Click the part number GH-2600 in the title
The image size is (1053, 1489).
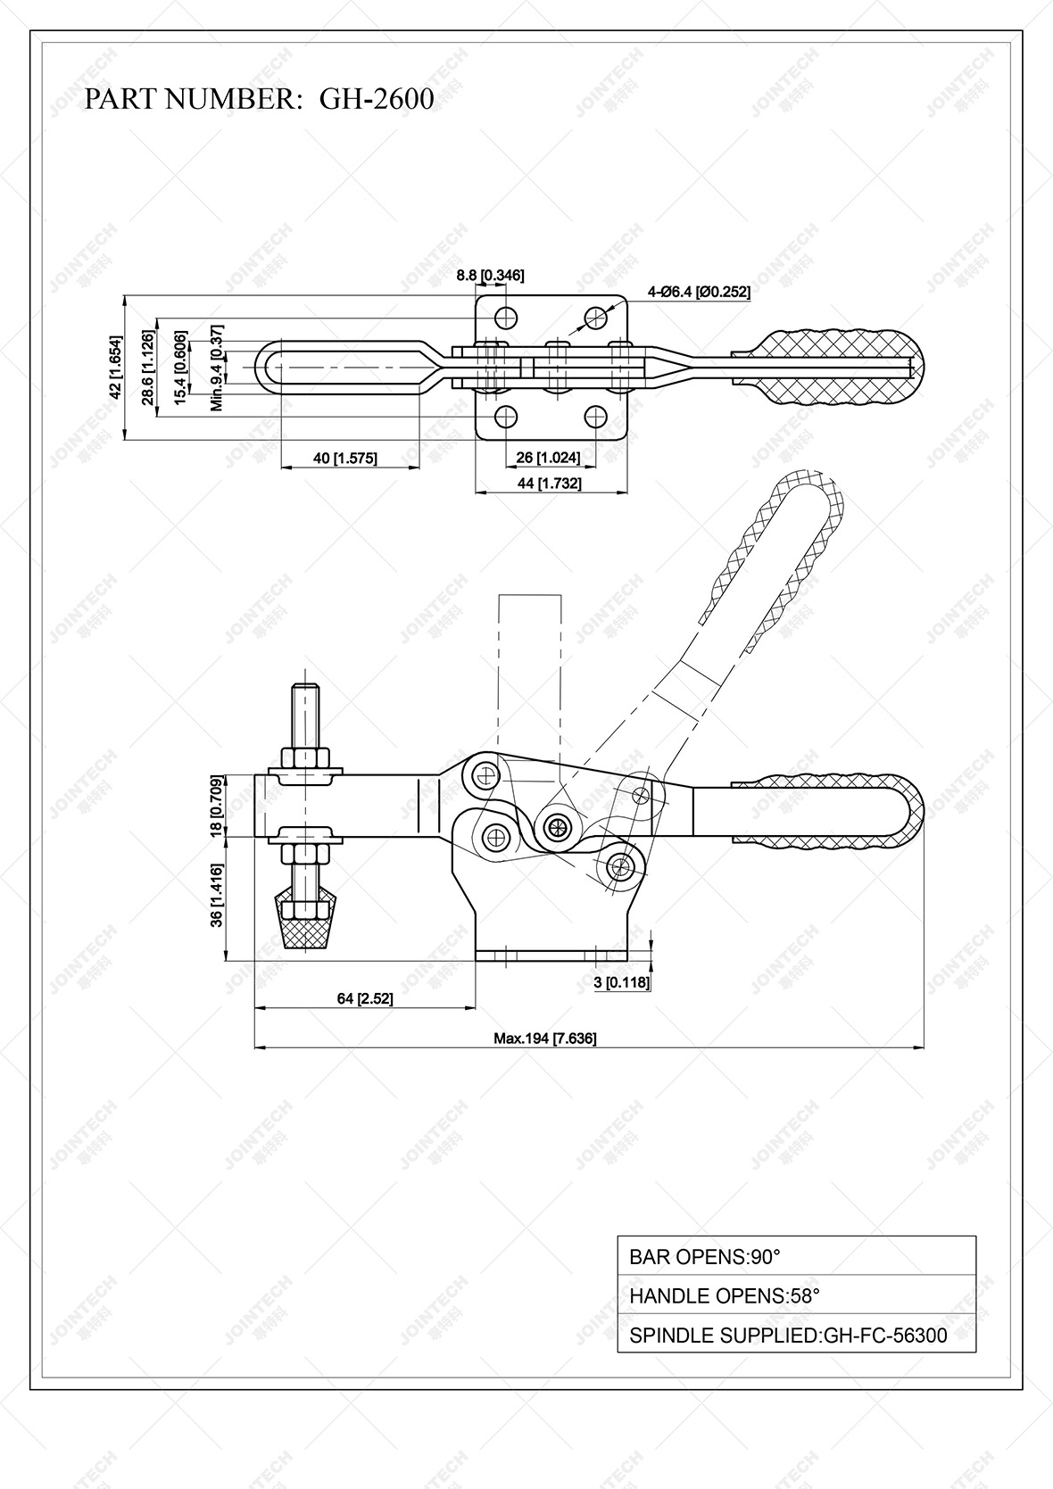click(x=377, y=99)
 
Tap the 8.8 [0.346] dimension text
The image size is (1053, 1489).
click(x=490, y=276)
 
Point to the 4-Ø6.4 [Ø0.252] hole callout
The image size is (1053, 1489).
click(x=699, y=292)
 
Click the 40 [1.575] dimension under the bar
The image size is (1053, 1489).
click(x=345, y=459)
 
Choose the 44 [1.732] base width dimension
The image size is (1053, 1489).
click(x=551, y=484)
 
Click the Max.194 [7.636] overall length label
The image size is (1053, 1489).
click(x=545, y=1038)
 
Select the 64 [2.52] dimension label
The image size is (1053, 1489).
click(x=364, y=998)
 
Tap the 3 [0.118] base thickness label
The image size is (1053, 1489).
click(x=622, y=982)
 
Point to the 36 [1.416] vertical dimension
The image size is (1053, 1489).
click(x=216, y=897)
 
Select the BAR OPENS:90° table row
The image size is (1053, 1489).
click(x=796, y=1257)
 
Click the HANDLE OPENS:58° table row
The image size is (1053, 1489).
click(x=796, y=1296)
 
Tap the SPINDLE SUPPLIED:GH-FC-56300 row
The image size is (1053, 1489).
click(x=796, y=1336)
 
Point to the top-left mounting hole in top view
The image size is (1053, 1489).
click(x=507, y=317)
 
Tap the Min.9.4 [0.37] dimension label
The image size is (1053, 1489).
click(x=216, y=368)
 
